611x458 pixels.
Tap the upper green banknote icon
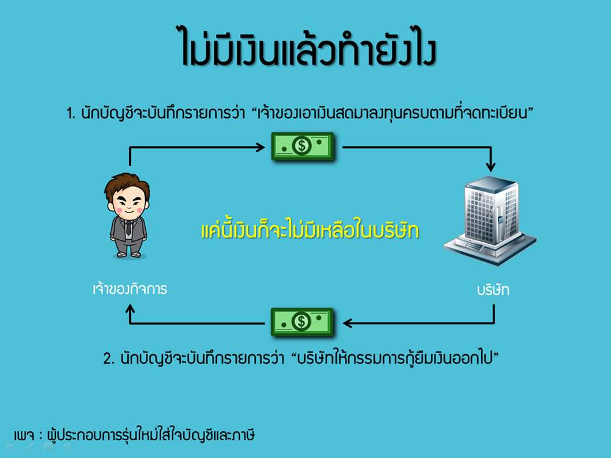point(302,147)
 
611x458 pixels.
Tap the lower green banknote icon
point(302,322)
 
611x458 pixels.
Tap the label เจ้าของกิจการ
point(129,289)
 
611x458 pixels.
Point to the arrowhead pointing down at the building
point(490,167)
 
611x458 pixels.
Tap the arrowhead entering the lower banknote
point(347,323)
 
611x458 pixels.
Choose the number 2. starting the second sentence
point(108,358)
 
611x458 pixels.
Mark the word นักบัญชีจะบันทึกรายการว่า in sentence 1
point(163,114)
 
